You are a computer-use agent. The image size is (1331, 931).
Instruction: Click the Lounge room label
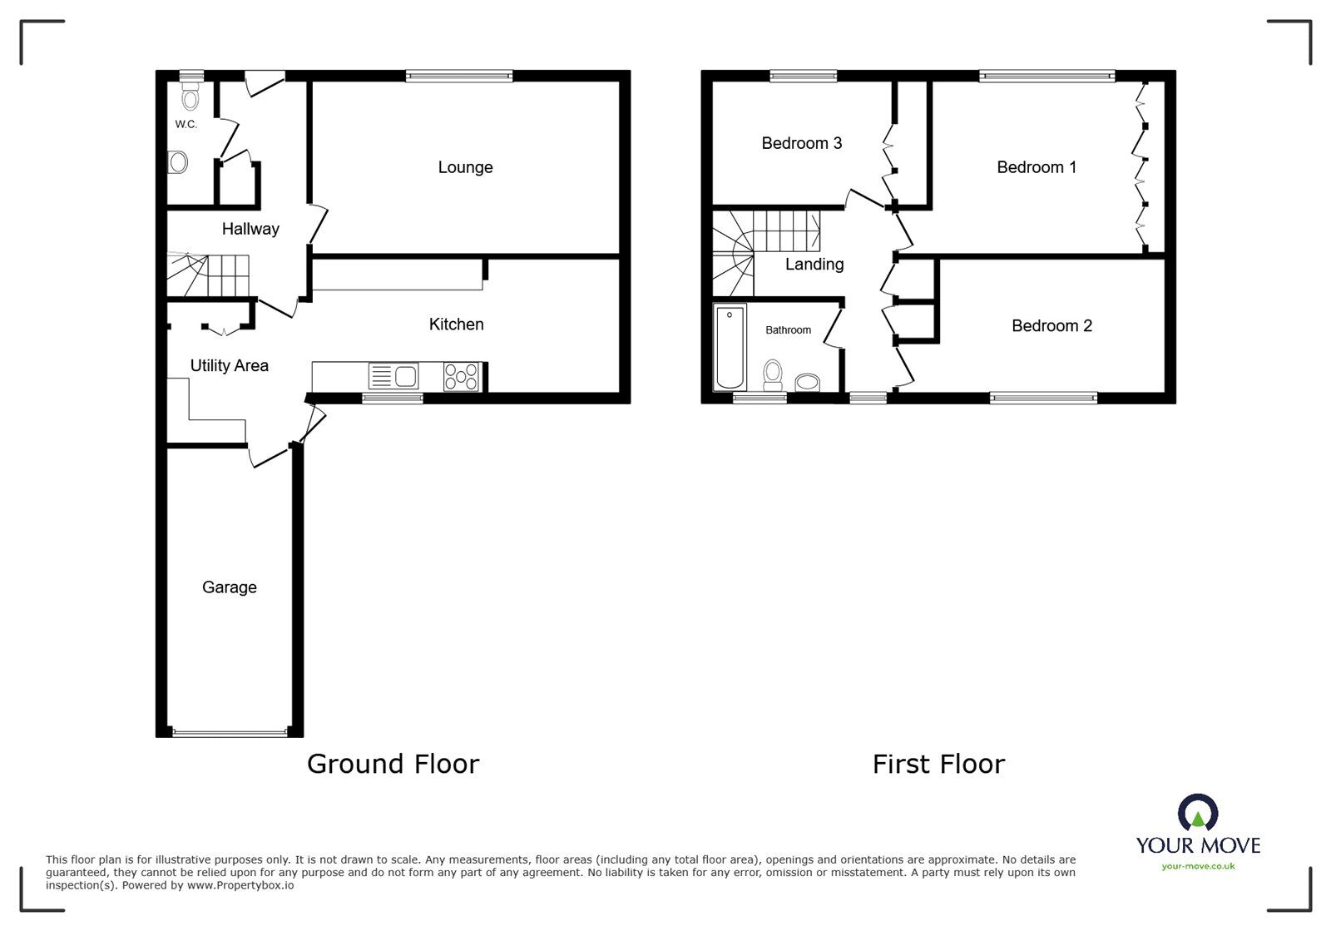click(465, 167)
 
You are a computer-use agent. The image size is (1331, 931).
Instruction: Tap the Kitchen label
click(457, 324)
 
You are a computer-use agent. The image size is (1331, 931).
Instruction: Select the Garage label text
click(230, 587)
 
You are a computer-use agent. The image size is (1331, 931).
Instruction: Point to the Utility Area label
click(230, 365)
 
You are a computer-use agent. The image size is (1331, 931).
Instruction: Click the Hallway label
click(250, 230)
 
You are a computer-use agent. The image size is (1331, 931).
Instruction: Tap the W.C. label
click(186, 124)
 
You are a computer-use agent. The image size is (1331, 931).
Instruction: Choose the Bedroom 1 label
click(1037, 167)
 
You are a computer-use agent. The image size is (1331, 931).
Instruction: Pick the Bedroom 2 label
click(1051, 325)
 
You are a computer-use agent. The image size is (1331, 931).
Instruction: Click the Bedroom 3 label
click(802, 143)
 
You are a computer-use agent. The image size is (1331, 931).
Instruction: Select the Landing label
click(814, 265)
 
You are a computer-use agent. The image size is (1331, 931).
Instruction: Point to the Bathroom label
click(788, 329)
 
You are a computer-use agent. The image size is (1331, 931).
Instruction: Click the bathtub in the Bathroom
click(730, 347)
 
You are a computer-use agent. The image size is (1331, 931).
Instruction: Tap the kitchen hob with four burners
click(461, 377)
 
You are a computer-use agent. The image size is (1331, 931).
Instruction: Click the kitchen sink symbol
click(393, 376)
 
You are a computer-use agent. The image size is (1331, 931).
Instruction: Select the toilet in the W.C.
click(190, 97)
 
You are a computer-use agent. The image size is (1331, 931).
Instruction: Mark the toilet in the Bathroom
click(773, 375)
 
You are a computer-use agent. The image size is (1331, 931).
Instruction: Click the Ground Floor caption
click(393, 764)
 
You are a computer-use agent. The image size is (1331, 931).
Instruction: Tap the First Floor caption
click(939, 764)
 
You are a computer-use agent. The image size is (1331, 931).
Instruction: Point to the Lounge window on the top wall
click(459, 76)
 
